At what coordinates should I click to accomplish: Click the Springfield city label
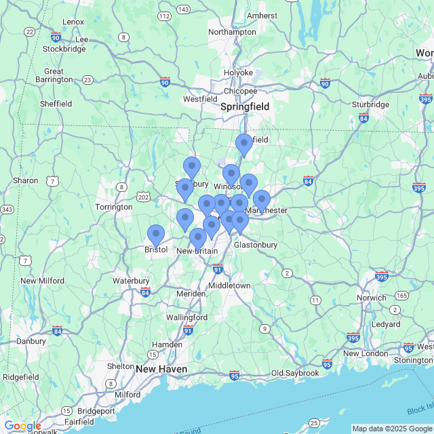click(245, 106)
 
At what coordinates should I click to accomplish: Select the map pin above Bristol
click(156, 235)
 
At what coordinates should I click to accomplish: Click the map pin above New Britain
click(198, 239)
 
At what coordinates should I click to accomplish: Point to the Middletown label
click(229, 285)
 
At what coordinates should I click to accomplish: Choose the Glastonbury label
click(256, 245)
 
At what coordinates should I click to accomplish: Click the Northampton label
click(232, 32)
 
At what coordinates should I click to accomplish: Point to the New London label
click(366, 353)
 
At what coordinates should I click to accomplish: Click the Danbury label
click(31, 341)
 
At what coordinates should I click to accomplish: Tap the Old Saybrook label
click(295, 373)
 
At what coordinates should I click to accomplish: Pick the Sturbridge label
click(370, 104)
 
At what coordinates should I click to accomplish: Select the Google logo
click(22, 425)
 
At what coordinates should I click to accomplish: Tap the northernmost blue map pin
click(244, 145)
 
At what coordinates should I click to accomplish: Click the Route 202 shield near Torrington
click(143, 197)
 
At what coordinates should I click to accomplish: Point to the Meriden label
click(191, 294)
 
